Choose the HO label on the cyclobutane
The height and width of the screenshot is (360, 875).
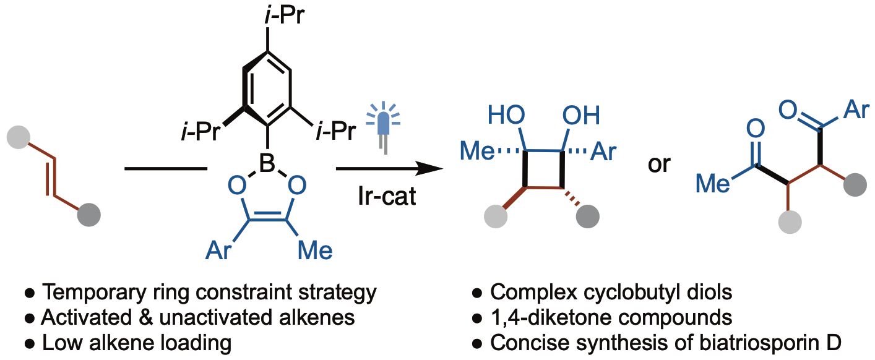pyautogui.click(x=507, y=116)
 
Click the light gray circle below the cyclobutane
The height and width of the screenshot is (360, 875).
pyautogui.click(x=496, y=216)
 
